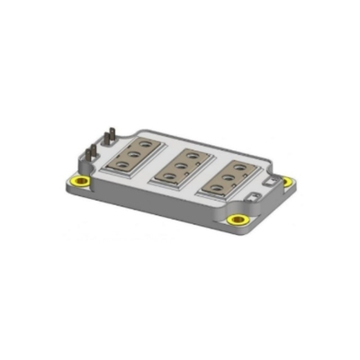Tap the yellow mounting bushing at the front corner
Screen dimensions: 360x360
(238, 220)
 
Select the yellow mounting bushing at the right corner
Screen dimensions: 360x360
(288, 182)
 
